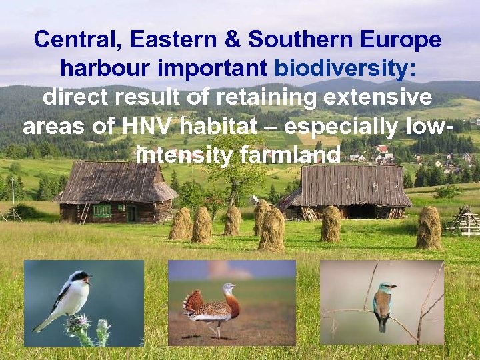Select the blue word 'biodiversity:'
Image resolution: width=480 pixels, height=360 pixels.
point(345,69)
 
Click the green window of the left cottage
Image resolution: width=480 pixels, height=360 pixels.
point(102,211)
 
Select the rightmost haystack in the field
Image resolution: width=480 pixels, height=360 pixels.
point(429,227)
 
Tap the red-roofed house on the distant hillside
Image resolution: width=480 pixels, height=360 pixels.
point(382,149)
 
